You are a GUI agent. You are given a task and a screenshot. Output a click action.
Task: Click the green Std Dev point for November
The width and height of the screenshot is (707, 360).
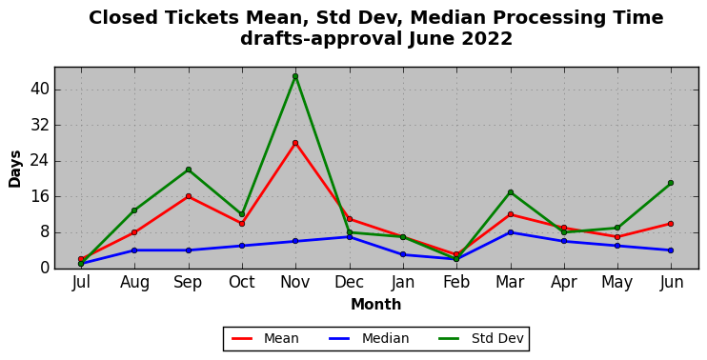pos(295,76)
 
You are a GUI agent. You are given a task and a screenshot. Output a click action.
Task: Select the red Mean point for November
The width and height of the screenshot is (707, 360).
pos(295,143)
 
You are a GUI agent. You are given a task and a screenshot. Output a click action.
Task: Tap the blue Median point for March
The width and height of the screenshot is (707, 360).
pos(511,232)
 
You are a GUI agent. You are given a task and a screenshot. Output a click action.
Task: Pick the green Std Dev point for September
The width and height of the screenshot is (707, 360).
pos(189,170)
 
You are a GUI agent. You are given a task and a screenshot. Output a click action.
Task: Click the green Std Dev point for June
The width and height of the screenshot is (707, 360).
pos(671,183)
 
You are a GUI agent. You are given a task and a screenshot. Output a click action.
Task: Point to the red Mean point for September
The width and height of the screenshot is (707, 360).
pos(189,196)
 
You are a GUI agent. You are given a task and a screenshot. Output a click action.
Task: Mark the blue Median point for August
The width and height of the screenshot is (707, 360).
pos(134,250)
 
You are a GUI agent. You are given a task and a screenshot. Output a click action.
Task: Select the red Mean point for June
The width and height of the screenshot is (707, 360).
pos(671,224)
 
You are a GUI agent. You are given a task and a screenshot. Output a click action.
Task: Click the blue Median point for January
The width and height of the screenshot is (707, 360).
pos(403,254)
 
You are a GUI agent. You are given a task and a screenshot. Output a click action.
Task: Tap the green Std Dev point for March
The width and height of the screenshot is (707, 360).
pos(511,192)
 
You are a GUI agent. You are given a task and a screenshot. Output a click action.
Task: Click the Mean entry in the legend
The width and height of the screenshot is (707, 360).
pos(265,338)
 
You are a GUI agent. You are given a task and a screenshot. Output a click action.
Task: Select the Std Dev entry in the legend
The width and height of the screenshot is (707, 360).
pos(480,338)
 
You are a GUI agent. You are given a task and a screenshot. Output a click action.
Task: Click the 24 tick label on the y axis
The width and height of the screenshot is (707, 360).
pos(39,161)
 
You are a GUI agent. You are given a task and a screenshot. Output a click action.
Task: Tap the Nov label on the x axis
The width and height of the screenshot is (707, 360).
pos(295,283)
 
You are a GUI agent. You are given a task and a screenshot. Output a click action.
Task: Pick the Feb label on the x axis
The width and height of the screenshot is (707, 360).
pos(456,283)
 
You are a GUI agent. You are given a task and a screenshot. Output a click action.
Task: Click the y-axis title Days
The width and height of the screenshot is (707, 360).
pos(15,169)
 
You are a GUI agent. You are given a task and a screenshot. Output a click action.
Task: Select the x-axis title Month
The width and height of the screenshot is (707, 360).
pos(376,305)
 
